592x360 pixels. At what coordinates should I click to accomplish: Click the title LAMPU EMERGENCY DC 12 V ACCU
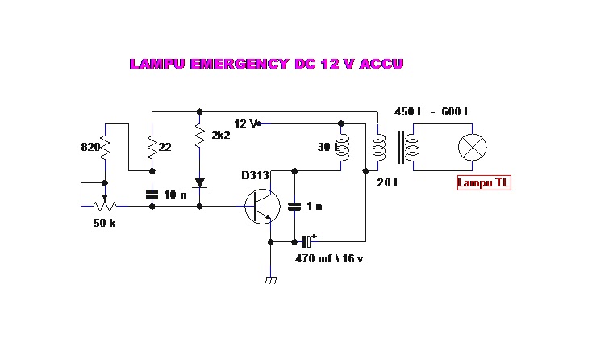(266, 64)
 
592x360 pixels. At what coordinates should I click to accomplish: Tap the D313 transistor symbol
(261, 207)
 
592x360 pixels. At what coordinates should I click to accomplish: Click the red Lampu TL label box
(484, 183)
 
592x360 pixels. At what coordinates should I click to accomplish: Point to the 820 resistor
(105, 149)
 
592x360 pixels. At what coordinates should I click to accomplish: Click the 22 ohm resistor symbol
(152, 148)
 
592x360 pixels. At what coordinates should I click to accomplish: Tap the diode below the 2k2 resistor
(199, 183)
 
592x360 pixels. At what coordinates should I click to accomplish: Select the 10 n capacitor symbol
(152, 195)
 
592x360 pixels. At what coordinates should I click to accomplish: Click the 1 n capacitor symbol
(294, 207)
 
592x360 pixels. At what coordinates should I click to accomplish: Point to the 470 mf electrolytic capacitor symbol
(306, 241)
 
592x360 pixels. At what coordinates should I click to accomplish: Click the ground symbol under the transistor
(271, 280)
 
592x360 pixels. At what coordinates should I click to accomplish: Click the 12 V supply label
(245, 123)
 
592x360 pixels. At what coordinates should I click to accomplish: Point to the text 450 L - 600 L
(431, 111)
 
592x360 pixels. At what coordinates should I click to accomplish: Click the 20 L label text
(389, 182)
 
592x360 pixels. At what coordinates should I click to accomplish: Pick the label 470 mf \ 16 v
(330, 258)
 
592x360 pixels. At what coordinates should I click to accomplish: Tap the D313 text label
(254, 175)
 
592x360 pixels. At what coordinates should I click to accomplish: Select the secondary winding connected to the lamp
(412, 148)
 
